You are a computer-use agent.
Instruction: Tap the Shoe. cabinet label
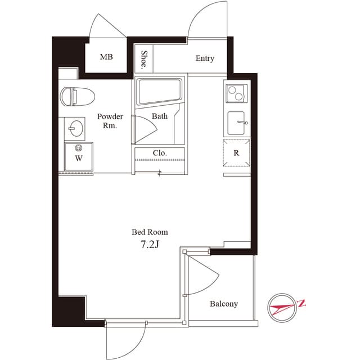pos(145,60)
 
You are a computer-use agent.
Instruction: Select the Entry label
pos(205,58)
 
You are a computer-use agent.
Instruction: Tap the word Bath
pos(160,116)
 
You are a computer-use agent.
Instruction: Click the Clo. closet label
pos(159,153)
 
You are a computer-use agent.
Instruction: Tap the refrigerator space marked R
pos(236,152)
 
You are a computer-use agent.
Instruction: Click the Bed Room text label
pos(150,232)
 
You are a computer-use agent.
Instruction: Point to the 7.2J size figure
pos(150,245)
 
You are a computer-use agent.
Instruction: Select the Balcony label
pos(224,304)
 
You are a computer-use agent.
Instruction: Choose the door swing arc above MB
pos(109,25)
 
